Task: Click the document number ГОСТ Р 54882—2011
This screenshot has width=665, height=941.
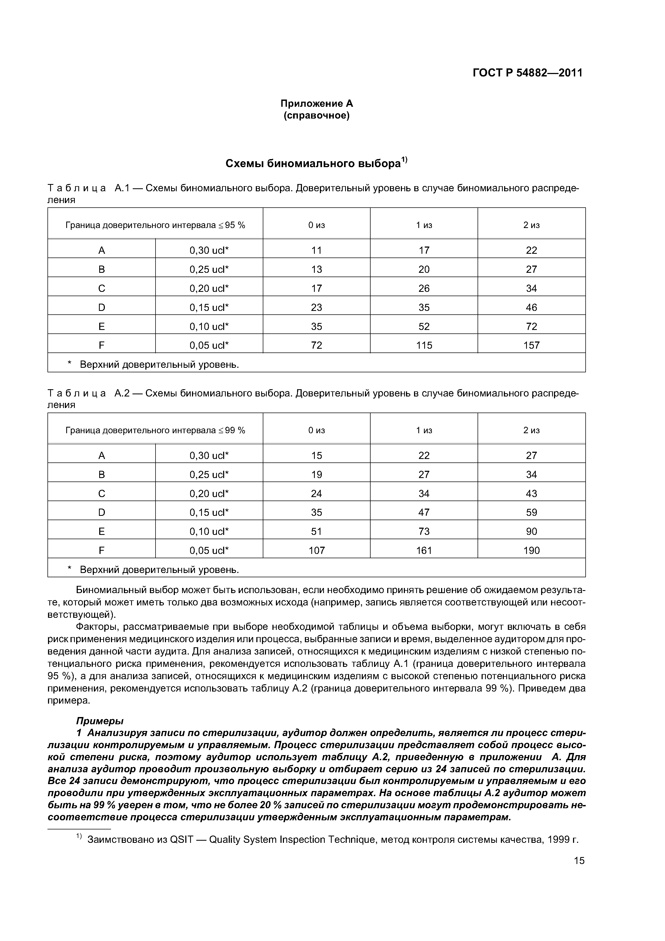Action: tap(527, 73)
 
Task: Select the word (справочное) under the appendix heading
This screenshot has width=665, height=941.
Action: tap(316, 116)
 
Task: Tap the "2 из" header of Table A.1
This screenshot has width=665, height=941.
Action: tap(531, 225)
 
